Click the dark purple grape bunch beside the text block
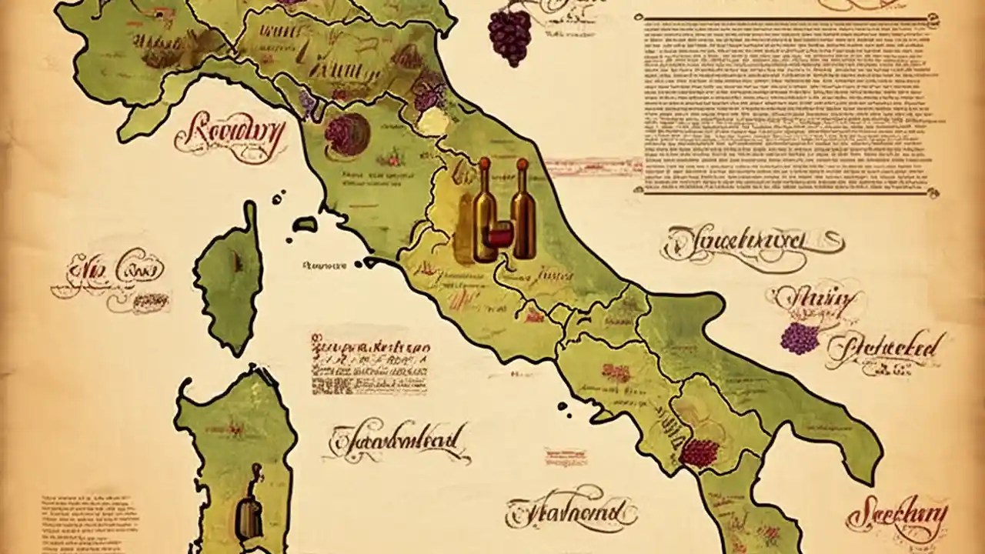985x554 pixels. pyautogui.click(x=509, y=35)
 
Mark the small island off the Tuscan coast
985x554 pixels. pyautogui.click(x=306, y=222)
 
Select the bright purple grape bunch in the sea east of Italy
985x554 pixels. pyautogui.click(x=800, y=338)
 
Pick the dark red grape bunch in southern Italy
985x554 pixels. pyautogui.click(x=700, y=452)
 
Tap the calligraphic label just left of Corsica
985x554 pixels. pyautogui.click(x=108, y=273)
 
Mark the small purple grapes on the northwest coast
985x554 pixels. pyautogui.click(x=307, y=102)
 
